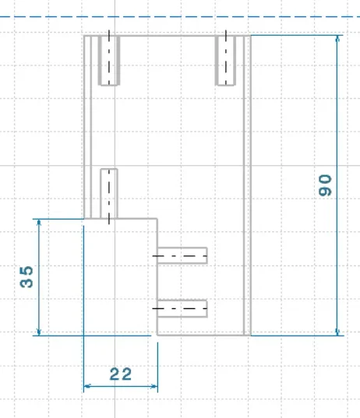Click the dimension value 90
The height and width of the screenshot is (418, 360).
325,185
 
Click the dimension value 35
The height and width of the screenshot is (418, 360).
26,277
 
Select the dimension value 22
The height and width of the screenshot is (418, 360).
121,374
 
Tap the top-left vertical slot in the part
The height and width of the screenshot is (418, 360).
109,61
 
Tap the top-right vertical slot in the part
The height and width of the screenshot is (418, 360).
226,61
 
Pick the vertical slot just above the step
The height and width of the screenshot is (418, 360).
109,194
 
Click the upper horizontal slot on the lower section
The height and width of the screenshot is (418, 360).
182,255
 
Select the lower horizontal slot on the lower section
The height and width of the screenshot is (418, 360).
182,309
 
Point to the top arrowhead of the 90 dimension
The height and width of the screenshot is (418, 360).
337,39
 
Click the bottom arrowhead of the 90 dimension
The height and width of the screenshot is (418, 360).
337,332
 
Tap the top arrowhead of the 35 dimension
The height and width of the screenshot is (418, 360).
39,223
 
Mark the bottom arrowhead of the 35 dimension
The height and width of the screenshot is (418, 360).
39,332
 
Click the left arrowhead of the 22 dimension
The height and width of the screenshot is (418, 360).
87,386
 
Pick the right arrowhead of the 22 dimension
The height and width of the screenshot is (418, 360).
154,386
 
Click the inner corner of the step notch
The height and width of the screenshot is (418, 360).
157,219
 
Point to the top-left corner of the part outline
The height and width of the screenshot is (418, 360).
84,36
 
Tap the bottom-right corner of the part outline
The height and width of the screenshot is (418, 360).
251,335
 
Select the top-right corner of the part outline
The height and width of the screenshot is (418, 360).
251,36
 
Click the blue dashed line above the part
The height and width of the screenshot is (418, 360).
180,17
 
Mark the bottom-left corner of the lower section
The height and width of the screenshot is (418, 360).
157,335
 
